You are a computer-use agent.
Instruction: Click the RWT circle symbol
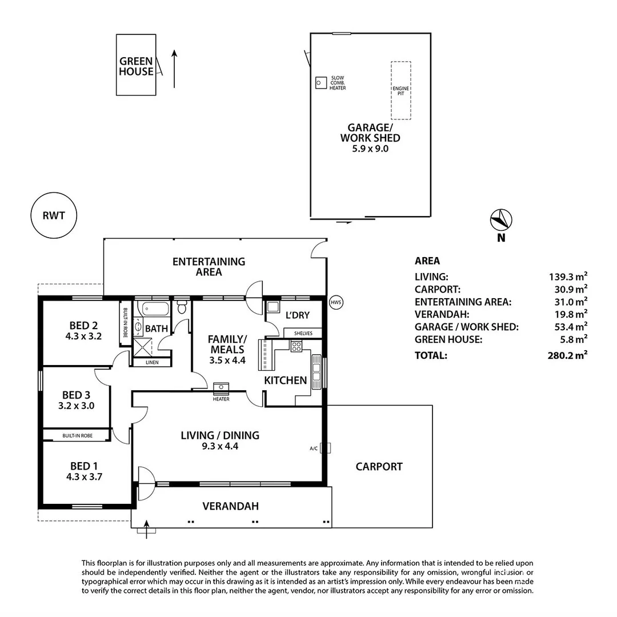53,215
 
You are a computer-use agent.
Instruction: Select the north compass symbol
501,220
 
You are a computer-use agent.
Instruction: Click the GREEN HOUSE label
136,66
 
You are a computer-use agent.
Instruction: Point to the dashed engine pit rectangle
400,90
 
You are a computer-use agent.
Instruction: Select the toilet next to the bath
182,308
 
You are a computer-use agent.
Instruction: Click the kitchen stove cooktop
296,346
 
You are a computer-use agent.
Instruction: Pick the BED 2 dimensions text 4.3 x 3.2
83,336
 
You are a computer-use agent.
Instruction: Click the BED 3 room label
77,395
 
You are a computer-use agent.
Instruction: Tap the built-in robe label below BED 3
77,436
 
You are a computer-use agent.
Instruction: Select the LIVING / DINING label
220,435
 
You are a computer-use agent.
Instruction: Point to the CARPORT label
379,466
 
